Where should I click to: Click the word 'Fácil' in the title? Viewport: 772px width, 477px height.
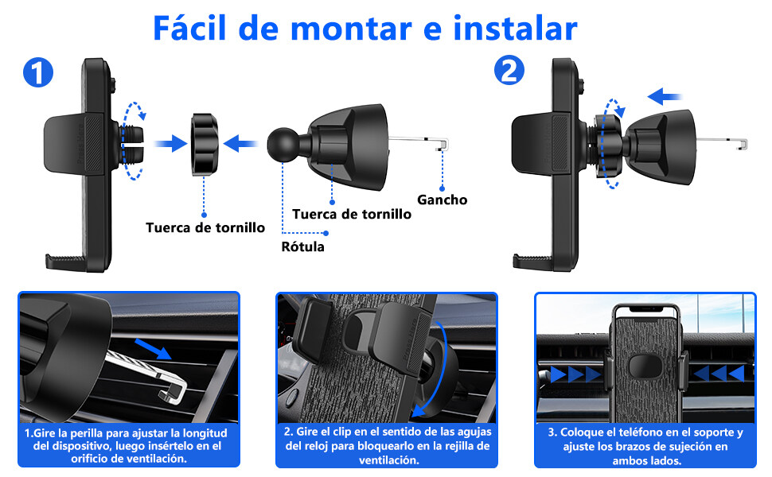click(x=189, y=28)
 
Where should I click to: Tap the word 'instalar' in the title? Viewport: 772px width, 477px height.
click(x=515, y=28)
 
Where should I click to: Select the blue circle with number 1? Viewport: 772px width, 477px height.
click(x=38, y=72)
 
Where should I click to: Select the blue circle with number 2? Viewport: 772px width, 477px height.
click(x=509, y=70)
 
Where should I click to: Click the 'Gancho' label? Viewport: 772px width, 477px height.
click(x=443, y=200)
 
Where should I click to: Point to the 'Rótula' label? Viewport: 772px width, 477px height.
click(x=302, y=246)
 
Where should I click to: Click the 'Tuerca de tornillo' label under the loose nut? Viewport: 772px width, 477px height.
click(x=205, y=227)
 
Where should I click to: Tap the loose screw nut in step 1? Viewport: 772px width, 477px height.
click(x=205, y=145)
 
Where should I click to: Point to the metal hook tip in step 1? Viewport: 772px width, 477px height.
click(x=443, y=145)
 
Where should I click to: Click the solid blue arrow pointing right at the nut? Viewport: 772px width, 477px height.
click(x=170, y=144)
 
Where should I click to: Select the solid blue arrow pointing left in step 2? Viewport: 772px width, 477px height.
click(x=665, y=97)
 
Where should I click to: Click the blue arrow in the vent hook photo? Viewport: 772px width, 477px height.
click(x=153, y=349)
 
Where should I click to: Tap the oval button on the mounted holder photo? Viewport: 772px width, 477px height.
click(x=645, y=366)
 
